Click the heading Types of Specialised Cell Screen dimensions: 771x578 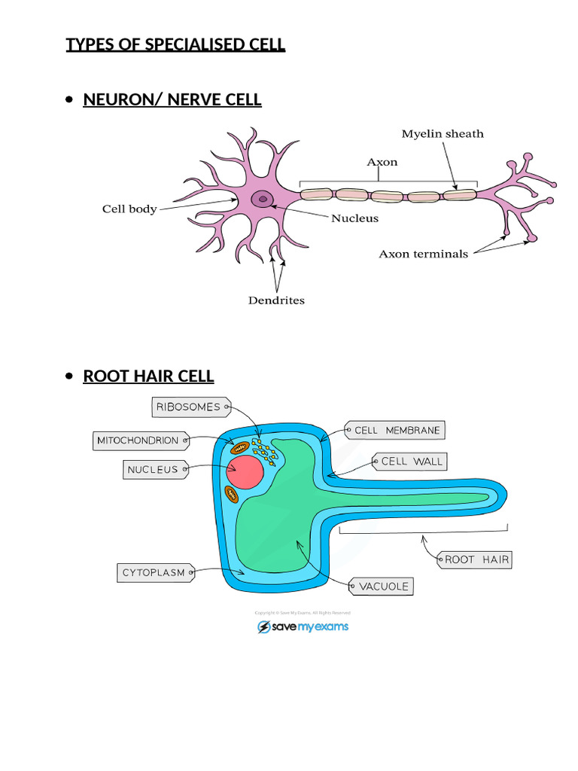(175, 44)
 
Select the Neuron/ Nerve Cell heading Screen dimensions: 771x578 (172, 99)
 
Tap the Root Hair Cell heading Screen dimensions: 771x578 (148, 376)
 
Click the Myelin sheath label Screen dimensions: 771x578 (443, 134)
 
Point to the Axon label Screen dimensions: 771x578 (382, 162)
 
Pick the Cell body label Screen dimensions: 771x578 (129, 209)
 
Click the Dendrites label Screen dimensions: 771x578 (276, 300)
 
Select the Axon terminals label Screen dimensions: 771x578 (423, 254)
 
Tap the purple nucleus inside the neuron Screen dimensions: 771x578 (263, 199)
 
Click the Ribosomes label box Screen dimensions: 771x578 (188, 407)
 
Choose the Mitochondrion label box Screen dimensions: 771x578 (138, 440)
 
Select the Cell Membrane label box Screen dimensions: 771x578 (396, 431)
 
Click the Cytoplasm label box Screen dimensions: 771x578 (154, 573)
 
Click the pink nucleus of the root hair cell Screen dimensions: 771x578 (243, 472)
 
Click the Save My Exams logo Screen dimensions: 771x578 (303, 626)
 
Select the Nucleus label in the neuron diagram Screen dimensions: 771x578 (355, 219)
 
